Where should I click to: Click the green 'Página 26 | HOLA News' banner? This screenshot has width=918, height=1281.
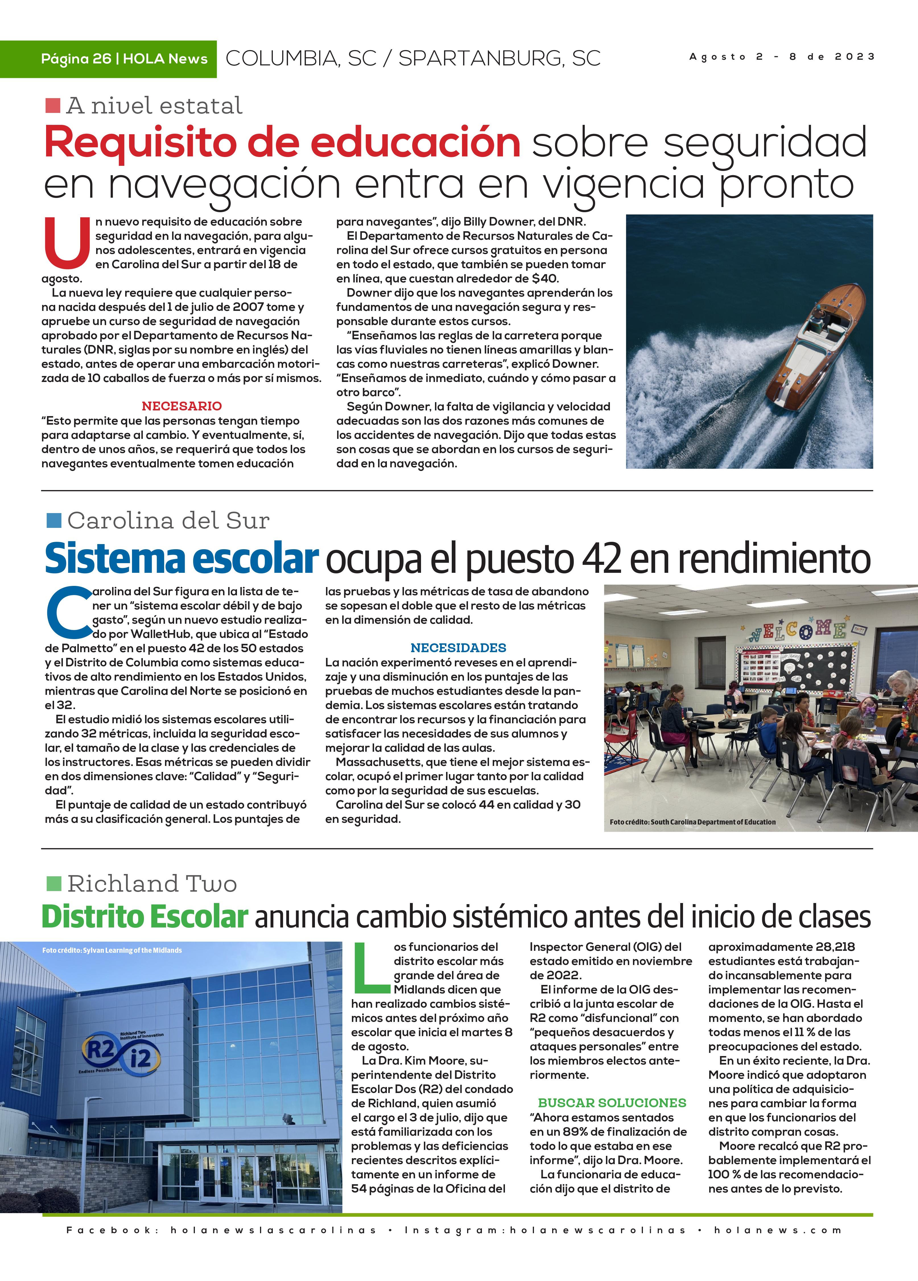(124, 59)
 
